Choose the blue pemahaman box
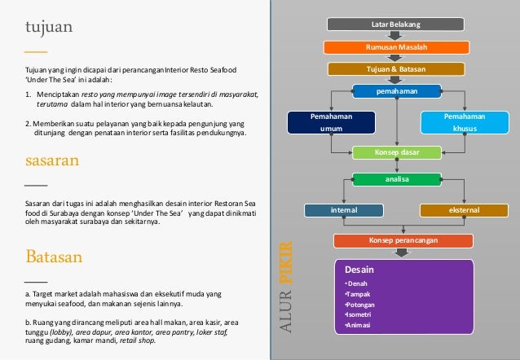[396, 90]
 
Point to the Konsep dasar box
[396, 151]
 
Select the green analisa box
[396, 178]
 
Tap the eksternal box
[464, 210]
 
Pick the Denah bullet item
[358, 283]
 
